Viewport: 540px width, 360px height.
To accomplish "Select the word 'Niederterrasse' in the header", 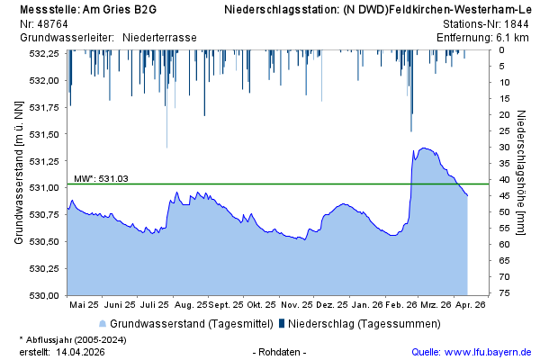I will tap(159, 38).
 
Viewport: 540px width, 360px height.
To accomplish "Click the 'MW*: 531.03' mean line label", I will tap(101, 178).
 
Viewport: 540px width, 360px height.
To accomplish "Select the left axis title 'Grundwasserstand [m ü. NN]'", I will tap(18, 174).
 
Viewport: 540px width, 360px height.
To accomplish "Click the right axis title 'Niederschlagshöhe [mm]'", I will tap(522, 174).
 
